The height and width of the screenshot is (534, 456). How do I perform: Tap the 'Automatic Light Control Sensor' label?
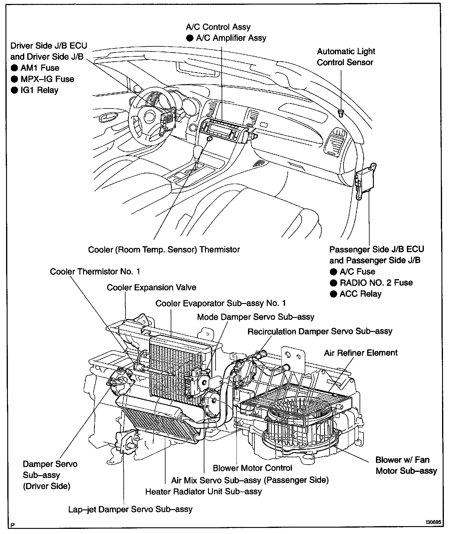tap(346, 57)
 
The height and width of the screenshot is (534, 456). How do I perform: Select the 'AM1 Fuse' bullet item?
tap(40, 68)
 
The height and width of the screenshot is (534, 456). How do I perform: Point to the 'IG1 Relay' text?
tap(39, 90)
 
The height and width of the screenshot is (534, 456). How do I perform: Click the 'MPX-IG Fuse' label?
tap(47, 79)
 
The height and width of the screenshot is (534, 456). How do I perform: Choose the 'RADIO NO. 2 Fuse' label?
tap(376, 283)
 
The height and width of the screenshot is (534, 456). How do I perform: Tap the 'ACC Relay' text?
tap(360, 294)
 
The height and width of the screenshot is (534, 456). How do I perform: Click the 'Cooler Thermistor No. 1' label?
tap(95, 271)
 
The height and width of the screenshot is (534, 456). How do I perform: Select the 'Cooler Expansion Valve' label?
tap(151, 287)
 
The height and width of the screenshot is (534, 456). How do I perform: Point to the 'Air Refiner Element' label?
tap(360, 353)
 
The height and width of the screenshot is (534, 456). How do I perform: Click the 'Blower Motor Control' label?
tap(252, 468)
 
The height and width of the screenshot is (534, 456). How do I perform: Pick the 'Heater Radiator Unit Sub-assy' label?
tap(203, 491)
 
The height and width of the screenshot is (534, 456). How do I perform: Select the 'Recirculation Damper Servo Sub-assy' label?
tap(320, 331)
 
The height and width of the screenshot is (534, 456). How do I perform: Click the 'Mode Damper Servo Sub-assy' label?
tap(256, 317)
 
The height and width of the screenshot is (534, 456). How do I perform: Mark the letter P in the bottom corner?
tap(12, 526)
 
